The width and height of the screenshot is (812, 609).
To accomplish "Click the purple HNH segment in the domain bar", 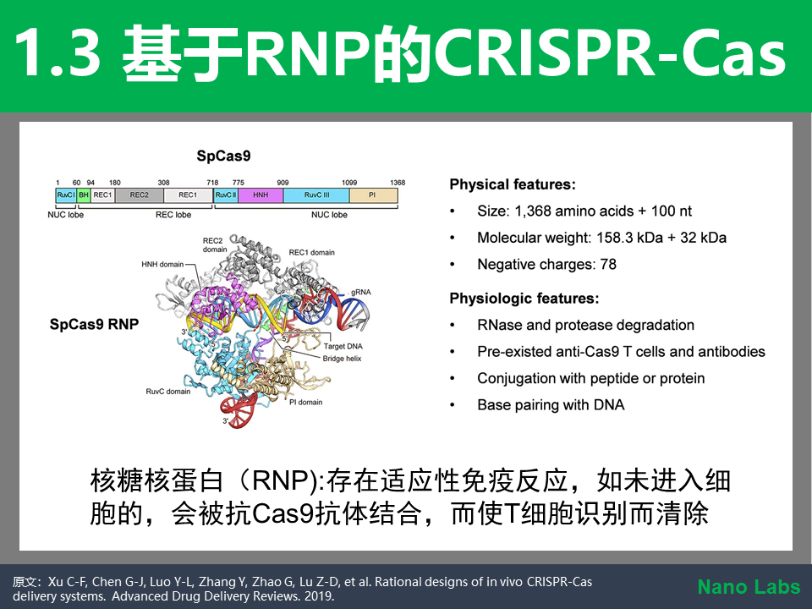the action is (261, 195).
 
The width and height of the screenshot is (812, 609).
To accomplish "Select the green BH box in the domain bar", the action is (84, 195).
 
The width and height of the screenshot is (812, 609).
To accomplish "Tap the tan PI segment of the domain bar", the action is (373, 195).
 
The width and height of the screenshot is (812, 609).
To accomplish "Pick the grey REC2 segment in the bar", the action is (140, 195).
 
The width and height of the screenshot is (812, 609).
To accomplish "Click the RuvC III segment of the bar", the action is (316, 195).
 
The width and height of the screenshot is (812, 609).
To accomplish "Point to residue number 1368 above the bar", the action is (398, 183).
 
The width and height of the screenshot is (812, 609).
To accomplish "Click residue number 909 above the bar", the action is (283, 183).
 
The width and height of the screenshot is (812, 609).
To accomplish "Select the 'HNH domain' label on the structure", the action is (162, 264).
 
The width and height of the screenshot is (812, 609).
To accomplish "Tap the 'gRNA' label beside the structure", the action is (360, 292).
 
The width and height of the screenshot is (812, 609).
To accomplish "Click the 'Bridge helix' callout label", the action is (342, 359).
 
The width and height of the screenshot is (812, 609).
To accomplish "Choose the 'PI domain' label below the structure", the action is (305, 402).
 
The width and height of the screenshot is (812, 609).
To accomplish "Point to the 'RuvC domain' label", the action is (167, 392).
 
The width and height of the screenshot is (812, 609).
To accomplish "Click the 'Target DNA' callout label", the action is (343, 347).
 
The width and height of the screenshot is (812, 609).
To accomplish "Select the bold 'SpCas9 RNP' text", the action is (94, 324).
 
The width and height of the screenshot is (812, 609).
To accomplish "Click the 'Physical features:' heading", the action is (513, 185).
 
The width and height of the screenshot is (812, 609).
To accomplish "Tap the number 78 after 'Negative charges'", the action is (608, 264).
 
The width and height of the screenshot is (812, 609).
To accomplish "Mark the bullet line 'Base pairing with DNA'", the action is (551, 405).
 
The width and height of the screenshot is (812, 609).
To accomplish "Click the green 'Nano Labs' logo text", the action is (749, 587).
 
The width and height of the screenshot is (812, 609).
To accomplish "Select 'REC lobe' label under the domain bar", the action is (173, 215).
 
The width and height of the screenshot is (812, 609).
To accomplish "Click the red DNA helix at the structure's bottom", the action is (239, 410).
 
